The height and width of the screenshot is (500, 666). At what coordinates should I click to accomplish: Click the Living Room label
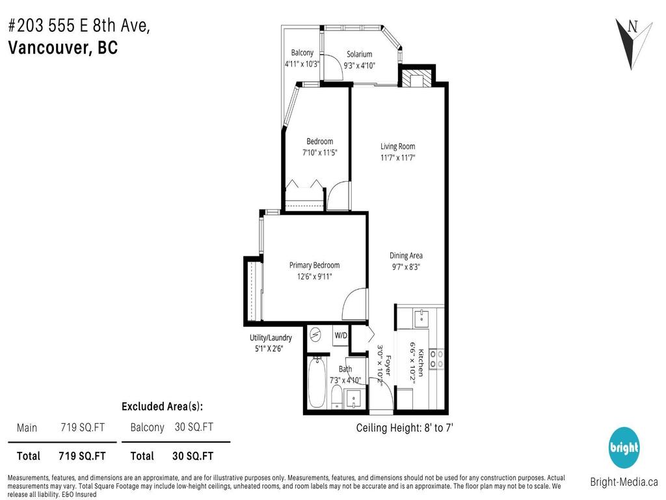coord(397,146)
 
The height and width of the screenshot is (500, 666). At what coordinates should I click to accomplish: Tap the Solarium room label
coord(359,54)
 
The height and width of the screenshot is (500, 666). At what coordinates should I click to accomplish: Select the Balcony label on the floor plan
coord(302,53)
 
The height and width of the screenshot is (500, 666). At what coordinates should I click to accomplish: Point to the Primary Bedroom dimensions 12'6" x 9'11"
coord(314,276)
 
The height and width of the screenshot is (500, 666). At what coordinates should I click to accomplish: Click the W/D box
coord(341,335)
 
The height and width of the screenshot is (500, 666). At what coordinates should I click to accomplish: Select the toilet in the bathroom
coord(336,396)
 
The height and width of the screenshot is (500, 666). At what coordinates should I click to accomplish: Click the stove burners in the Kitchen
coord(438,359)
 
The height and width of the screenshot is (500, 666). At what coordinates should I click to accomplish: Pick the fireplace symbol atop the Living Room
coord(413,79)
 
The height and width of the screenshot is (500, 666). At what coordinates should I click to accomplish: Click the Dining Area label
coord(406,255)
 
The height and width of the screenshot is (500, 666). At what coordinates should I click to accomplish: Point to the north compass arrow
coord(629,42)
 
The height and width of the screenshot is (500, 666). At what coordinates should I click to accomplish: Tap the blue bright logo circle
coord(624,448)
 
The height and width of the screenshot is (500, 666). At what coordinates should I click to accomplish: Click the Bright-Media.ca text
coord(623,482)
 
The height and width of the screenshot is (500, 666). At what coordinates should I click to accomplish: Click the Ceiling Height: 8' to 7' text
coord(405,428)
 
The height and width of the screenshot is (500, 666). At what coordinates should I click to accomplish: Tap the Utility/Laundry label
coord(271,337)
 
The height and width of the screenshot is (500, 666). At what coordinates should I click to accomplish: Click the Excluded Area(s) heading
coord(162,406)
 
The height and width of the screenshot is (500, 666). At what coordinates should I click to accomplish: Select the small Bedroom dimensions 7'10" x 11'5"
coord(319,153)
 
